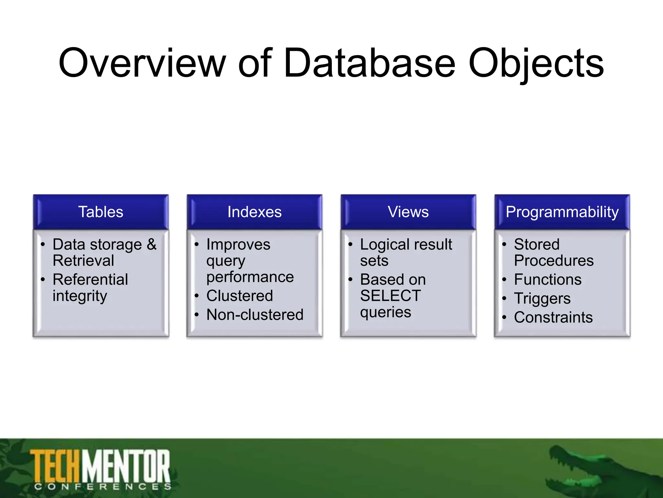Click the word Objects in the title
[x=536, y=63]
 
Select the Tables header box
[x=101, y=212]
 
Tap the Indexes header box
[x=254, y=212]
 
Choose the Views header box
[x=408, y=212]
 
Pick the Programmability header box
[x=562, y=212]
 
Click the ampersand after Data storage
[x=152, y=244]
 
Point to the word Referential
[x=90, y=279]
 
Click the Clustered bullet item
[x=240, y=296]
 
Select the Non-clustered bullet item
[x=255, y=314]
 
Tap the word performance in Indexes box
[x=250, y=277]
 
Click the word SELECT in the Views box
[x=390, y=296]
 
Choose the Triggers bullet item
[x=542, y=298]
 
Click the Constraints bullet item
[x=553, y=317]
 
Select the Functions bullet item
[x=548, y=279]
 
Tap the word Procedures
[x=554, y=261]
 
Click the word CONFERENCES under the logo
[x=103, y=487]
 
